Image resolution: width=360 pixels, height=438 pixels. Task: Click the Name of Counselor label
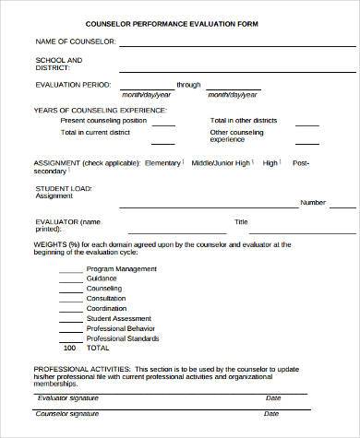75,42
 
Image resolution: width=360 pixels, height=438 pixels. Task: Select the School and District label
59,64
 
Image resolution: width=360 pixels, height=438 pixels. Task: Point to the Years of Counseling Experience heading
100,110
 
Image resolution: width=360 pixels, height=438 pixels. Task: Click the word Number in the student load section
313,202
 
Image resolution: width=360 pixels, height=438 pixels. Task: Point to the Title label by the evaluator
241,221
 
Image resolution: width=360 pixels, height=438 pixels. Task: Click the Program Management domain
121,270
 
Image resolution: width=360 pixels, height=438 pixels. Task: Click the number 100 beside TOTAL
69,349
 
